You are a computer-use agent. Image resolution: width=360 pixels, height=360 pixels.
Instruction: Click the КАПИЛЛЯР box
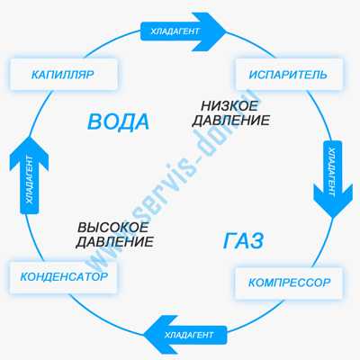[64, 74]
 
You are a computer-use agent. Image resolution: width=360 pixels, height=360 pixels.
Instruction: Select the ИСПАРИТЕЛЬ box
[289, 74]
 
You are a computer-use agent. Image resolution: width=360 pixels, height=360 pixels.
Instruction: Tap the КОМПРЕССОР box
[289, 283]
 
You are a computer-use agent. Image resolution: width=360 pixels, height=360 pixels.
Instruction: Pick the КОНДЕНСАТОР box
[64, 277]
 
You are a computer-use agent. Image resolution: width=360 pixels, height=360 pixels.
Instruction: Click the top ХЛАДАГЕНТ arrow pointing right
[183, 31]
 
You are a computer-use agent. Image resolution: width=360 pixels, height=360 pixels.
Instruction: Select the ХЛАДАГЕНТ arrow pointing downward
[333, 179]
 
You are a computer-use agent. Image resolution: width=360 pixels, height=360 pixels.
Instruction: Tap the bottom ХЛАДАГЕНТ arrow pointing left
[185, 335]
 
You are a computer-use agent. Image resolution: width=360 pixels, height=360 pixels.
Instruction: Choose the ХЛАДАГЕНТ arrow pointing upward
[29, 175]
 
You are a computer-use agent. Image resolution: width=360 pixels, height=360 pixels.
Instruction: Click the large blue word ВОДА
[118, 122]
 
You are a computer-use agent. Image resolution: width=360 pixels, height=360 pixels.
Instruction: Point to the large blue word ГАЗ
[243, 241]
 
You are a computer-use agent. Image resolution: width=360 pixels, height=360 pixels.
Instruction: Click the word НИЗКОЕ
[229, 106]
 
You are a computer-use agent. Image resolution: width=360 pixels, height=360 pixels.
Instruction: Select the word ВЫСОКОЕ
[113, 227]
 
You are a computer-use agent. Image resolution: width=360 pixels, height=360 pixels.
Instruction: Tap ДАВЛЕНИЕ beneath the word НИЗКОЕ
[231, 121]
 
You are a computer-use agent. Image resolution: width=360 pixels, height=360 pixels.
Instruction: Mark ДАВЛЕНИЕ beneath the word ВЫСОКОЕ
[114, 242]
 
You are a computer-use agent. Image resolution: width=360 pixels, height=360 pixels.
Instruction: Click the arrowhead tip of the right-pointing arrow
[226, 31]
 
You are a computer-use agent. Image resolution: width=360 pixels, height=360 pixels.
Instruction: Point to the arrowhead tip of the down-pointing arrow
[333, 218]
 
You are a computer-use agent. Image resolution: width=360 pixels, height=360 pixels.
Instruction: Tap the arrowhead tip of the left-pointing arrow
[144, 335]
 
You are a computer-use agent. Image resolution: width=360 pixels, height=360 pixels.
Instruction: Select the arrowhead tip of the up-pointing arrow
[29, 136]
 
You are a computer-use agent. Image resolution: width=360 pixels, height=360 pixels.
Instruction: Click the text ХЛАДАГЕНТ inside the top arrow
[175, 31]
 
